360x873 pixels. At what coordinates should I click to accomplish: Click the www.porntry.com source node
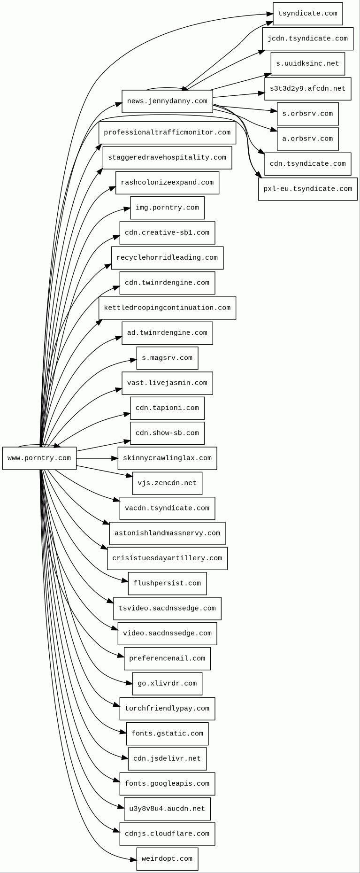(x=39, y=458)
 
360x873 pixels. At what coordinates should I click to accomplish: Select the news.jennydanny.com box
(x=167, y=101)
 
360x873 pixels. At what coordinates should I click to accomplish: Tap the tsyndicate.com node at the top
(x=307, y=14)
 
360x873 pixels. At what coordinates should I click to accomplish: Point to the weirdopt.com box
(x=167, y=859)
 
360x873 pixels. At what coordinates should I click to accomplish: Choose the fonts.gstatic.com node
(x=167, y=734)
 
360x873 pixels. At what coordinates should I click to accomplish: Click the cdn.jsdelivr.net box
(x=167, y=759)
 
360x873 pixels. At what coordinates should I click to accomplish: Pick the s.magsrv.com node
(x=167, y=358)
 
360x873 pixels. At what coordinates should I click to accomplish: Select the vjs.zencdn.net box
(x=167, y=483)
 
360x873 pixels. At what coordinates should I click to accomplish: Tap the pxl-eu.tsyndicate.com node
(x=307, y=189)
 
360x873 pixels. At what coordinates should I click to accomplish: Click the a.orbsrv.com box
(x=307, y=139)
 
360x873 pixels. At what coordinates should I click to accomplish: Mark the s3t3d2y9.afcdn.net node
(x=307, y=89)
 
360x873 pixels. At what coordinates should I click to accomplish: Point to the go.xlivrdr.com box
(x=167, y=684)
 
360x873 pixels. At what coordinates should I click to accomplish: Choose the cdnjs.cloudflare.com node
(x=167, y=834)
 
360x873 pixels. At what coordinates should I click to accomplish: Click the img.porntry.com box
(x=167, y=208)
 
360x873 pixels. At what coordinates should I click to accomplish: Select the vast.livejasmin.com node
(x=167, y=383)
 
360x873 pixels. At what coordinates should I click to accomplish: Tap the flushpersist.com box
(x=167, y=584)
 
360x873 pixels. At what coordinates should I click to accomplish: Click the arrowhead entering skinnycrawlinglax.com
(x=115, y=458)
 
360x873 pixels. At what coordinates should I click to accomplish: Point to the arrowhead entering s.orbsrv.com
(x=274, y=111)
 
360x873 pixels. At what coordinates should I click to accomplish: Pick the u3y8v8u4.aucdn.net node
(x=167, y=809)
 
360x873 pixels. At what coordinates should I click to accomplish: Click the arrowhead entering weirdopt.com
(x=134, y=860)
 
